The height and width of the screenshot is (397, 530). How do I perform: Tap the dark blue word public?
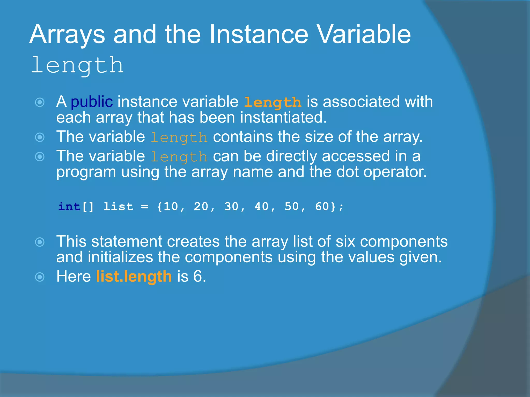click(x=92, y=102)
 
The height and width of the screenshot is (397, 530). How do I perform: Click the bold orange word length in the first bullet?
click(x=273, y=102)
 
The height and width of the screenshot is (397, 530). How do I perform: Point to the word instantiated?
click(x=283, y=118)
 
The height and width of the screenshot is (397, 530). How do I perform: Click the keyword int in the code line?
click(x=69, y=207)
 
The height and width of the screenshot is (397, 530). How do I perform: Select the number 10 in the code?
click(x=171, y=207)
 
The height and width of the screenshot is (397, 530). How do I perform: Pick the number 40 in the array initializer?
click(x=262, y=207)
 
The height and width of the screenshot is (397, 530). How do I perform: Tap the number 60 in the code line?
click(x=322, y=207)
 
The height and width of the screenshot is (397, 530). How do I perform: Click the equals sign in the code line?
click(x=145, y=207)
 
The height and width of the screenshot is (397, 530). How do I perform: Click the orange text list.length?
click(x=134, y=277)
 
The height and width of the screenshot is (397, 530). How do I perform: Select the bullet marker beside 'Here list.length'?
click(x=40, y=277)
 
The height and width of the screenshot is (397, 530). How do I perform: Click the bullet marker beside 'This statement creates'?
click(x=40, y=242)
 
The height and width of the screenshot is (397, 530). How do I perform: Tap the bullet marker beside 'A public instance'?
click(x=40, y=102)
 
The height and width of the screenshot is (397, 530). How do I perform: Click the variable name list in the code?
click(x=118, y=207)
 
